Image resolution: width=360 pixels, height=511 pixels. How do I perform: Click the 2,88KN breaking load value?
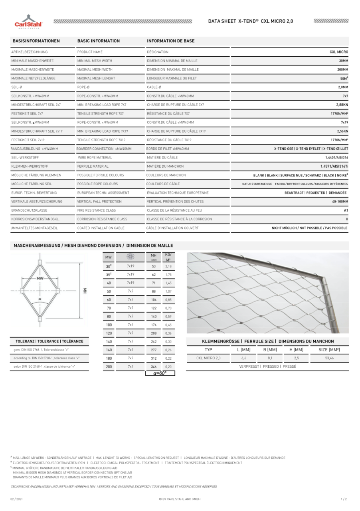(x=342, y=105)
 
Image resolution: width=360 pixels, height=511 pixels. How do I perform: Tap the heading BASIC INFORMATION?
(x=99, y=41)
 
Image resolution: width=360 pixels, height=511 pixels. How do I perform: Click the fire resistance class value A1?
(x=346, y=210)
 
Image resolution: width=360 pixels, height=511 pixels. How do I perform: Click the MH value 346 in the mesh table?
(x=154, y=366)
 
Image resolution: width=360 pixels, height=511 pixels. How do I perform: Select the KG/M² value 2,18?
(x=168, y=266)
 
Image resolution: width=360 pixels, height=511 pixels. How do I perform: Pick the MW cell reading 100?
(x=109, y=325)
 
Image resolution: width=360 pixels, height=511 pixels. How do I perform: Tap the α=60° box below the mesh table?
(x=160, y=373)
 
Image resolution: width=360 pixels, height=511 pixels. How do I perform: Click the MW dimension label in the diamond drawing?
(x=40, y=277)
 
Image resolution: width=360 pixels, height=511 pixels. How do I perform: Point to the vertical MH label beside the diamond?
(x=85, y=291)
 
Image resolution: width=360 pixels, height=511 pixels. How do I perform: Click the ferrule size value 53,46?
(x=329, y=358)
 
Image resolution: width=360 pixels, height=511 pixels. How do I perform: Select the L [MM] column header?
(x=243, y=350)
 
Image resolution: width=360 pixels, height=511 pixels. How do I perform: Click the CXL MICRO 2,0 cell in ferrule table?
(x=208, y=358)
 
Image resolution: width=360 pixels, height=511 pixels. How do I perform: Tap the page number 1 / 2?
(x=344, y=499)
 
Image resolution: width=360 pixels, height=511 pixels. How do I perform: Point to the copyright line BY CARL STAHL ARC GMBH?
(x=180, y=499)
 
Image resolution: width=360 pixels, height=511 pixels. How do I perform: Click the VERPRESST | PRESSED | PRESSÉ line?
(x=267, y=366)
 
